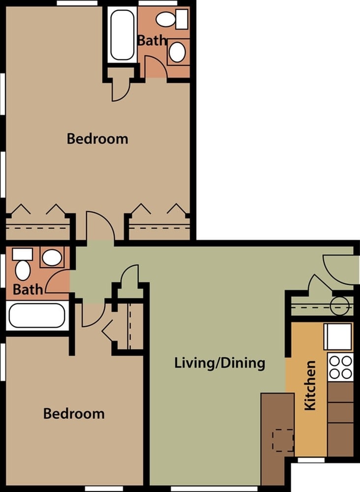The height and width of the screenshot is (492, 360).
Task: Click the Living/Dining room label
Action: click(x=220, y=364)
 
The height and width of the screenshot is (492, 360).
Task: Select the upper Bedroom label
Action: click(x=97, y=139)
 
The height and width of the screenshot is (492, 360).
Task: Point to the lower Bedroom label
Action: click(x=74, y=413)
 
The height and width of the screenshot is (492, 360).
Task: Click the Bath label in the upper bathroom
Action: click(x=152, y=40)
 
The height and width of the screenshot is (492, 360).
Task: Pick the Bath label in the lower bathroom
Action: click(x=28, y=289)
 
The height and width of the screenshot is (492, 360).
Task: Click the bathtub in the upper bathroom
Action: click(x=122, y=34)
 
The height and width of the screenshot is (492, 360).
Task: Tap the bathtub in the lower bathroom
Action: click(x=37, y=315)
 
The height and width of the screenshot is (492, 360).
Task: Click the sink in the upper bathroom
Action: click(x=177, y=52)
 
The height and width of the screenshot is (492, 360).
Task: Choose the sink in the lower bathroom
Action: click(x=52, y=257)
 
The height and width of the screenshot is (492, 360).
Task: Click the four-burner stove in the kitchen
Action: click(x=340, y=367)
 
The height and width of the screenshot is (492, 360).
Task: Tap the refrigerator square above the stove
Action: click(x=337, y=337)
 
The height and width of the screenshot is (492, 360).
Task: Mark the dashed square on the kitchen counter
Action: click(x=283, y=440)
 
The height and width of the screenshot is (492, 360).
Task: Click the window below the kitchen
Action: click(x=311, y=460)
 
